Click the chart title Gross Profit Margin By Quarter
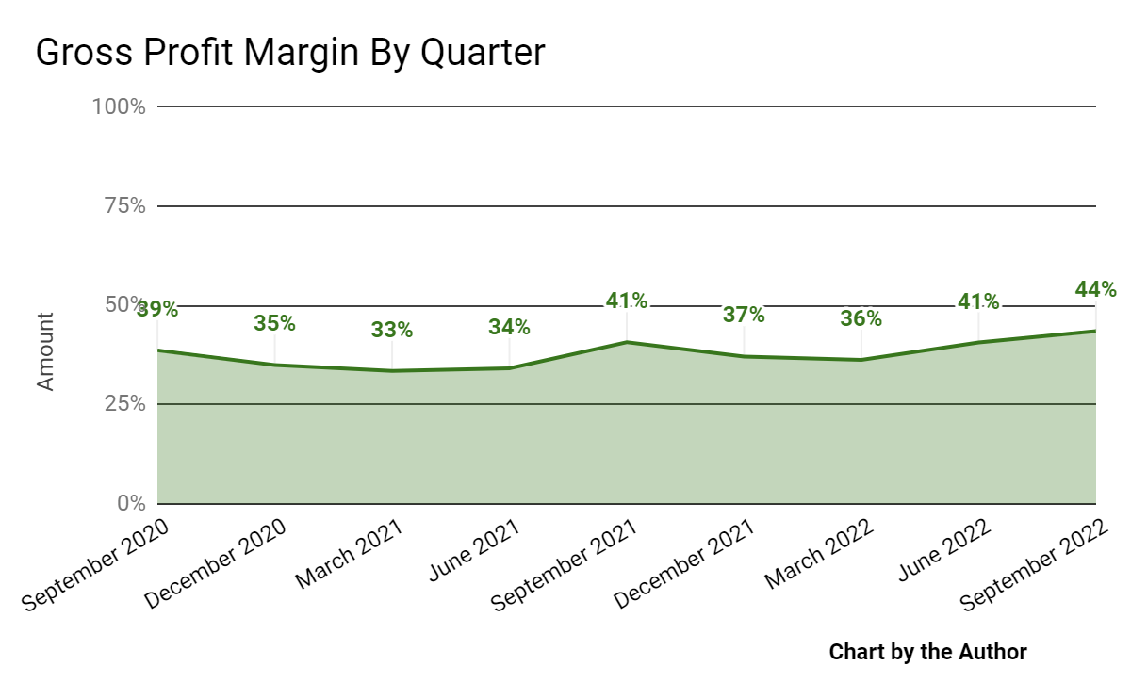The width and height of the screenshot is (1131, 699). [x=290, y=53]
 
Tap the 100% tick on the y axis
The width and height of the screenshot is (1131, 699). [x=119, y=106]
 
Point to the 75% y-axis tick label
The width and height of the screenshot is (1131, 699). [x=123, y=206]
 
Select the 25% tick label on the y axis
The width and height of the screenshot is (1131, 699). [x=123, y=404]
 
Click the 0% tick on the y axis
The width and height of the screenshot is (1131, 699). [x=130, y=503]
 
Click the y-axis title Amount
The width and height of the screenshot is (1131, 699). [x=45, y=350]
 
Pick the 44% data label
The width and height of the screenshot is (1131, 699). [x=1095, y=289]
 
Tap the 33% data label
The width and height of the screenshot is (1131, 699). [x=391, y=330]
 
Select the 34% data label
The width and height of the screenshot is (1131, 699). [x=509, y=328]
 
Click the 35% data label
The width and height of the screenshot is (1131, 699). [x=274, y=323]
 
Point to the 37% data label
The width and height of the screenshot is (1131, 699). [x=744, y=315]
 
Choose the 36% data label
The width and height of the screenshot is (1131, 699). [x=861, y=318]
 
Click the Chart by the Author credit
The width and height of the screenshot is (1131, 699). [x=927, y=652]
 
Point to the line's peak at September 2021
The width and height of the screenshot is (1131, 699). [x=627, y=342]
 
